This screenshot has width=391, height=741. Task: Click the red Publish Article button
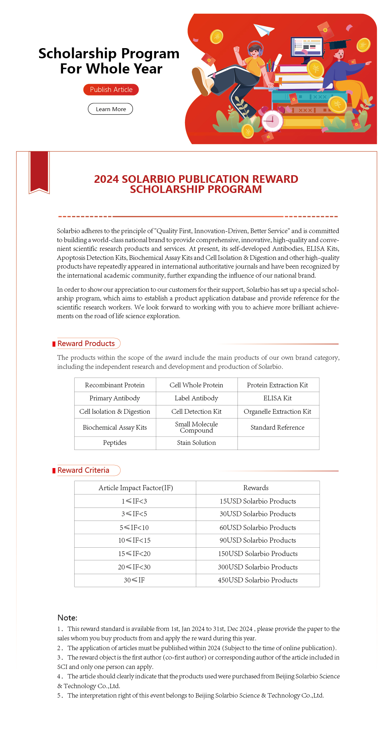111,90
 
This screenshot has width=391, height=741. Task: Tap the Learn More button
110,109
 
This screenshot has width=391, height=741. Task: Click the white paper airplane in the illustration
263,30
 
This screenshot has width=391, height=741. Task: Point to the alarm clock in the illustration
272,121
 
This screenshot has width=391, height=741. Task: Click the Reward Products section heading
86,344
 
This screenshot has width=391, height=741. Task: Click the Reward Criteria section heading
84,470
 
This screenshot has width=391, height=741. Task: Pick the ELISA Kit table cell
278,398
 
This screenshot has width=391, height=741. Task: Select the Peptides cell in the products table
115,443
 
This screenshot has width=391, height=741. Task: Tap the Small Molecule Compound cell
196,427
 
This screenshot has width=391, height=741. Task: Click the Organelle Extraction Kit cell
278,412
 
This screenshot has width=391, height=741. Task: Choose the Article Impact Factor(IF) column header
136,488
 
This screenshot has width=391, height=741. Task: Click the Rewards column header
256,488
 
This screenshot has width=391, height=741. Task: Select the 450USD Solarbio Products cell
257,580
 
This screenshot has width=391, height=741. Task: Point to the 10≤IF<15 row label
134,540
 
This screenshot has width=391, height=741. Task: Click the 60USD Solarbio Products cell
257,527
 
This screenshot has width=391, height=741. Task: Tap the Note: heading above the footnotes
67,618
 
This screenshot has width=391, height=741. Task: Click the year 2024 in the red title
106,179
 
